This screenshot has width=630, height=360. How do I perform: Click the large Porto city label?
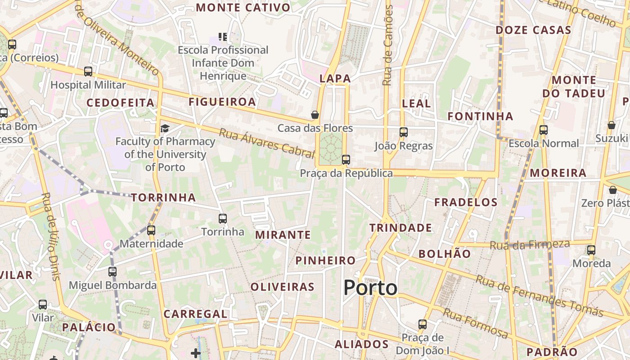[370, 288]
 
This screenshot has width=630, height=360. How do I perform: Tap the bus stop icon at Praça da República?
[346, 160]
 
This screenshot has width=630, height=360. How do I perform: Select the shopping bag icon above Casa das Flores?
[315, 115]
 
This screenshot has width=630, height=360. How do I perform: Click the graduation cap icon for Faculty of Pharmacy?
[165, 129]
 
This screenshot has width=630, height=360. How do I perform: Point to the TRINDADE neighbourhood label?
[400, 228]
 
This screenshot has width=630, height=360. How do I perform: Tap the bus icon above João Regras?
[404, 132]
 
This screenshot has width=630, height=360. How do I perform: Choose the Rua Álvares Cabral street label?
[266, 144]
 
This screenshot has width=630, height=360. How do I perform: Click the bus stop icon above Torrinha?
[222, 219]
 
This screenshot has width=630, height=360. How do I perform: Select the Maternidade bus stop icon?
[151, 230]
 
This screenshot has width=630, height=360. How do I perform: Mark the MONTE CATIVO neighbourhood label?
[243, 8]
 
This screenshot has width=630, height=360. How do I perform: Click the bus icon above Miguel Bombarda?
[112, 272]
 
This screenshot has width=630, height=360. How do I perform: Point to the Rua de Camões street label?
[388, 45]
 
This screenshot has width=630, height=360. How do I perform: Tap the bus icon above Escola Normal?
[544, 130]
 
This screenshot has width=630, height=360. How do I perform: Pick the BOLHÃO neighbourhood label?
[445, 254]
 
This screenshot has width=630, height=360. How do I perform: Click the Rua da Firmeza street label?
[530, 245]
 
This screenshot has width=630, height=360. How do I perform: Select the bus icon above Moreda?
[591, 250]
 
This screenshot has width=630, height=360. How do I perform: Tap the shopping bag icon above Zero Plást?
[612, 190]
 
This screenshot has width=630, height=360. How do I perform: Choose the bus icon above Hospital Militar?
[88, 72]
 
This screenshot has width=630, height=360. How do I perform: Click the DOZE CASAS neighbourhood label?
[533, 31]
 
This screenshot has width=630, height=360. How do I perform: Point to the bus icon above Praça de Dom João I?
[423, 324]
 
